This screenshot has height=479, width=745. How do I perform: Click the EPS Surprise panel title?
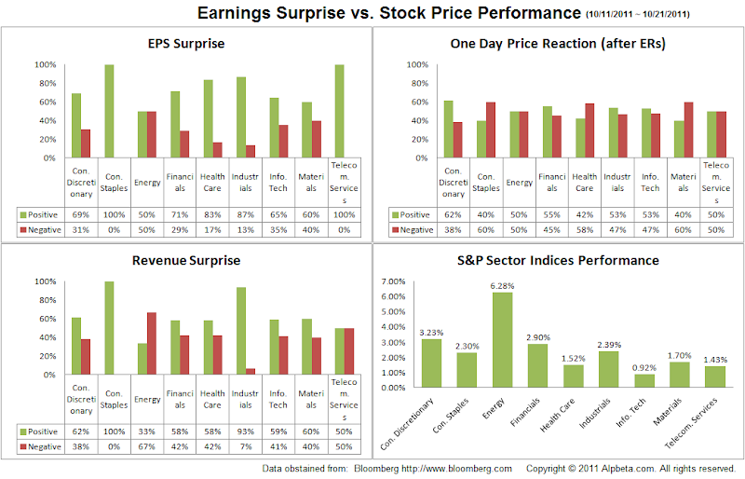coord(185,43)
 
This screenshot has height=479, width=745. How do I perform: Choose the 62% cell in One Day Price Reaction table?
coord(453,215)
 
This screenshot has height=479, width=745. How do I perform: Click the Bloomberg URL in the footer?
coord(466,469)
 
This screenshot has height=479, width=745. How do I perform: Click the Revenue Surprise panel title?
coord(185,261)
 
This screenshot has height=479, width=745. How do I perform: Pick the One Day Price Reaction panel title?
coord(556,43)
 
